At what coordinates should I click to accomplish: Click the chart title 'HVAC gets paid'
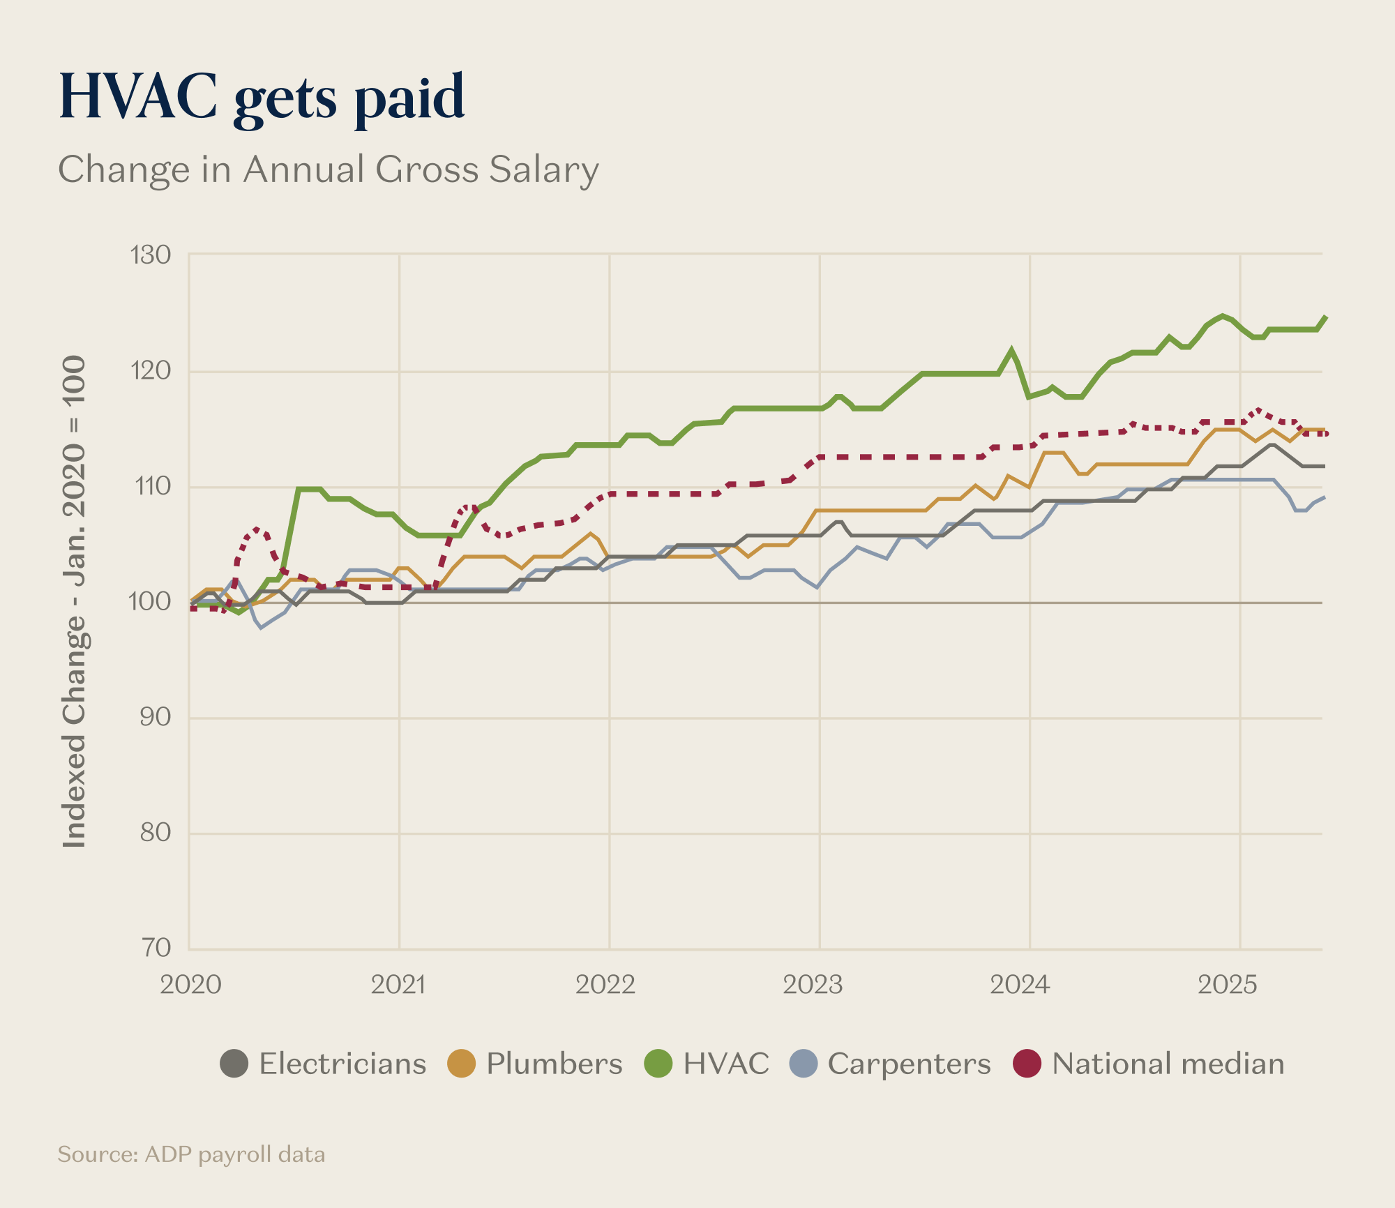point(262,98)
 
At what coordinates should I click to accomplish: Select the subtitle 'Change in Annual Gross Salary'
point(328,169)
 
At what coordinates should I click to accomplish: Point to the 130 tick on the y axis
point(151,255)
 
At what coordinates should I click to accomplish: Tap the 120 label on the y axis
point(151,370)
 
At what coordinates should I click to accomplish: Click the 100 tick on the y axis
point(149,601)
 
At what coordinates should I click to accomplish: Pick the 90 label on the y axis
point(155,717)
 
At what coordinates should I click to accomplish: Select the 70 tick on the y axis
point(156,948)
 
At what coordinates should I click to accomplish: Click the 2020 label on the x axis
point(190,985)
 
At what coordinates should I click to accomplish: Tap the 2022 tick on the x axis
point(605,985)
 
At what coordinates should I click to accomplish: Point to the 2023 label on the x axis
point(813,985)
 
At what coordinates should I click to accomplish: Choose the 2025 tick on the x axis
point(1228,985)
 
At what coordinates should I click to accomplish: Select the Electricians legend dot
point(234,1064)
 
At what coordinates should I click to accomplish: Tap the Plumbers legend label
point(554,1064)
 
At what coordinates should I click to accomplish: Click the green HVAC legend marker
point(658,1064)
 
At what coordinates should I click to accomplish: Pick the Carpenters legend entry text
point(909,1064)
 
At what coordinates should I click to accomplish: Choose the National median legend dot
point(1027,1064)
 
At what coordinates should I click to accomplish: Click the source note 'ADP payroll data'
point(191,1154)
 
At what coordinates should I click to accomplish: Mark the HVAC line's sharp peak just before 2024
point(1011,349)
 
